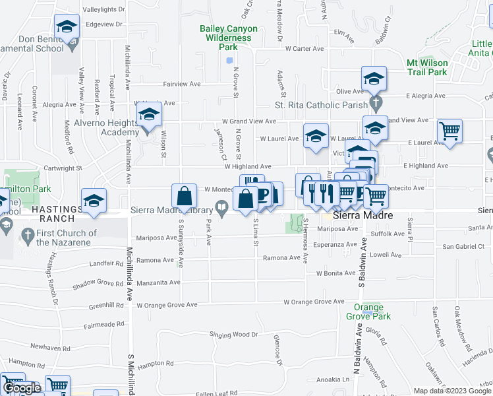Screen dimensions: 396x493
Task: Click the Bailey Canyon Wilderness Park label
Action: coord(228,38)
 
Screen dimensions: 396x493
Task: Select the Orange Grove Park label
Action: coord(368,312)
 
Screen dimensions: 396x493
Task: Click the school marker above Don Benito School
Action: coord(67,26)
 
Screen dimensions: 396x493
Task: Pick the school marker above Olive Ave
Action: coord(374,79)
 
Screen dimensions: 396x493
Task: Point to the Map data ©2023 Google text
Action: coord(451,391)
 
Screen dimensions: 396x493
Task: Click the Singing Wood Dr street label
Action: coord(229,335)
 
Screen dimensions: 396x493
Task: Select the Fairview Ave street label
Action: coord(182,84)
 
